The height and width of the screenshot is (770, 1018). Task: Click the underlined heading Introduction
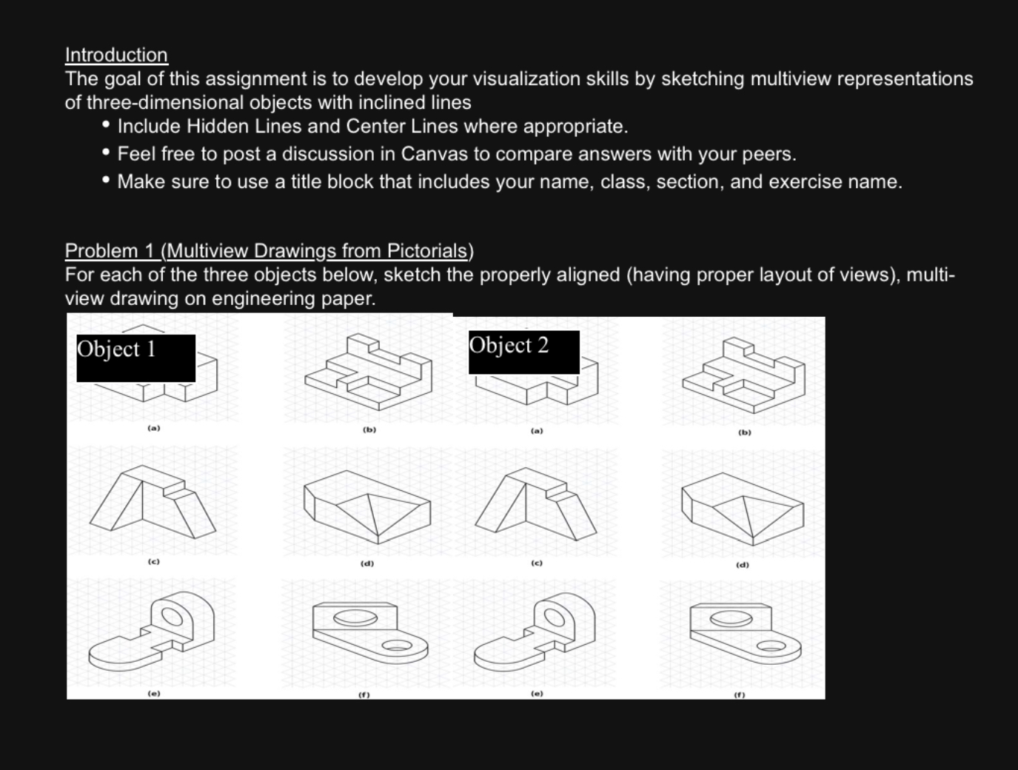[116, 55]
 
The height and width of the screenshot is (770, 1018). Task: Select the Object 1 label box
[135, 358]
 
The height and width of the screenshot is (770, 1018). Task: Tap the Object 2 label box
[523, 352]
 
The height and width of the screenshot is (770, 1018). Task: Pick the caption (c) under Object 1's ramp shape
[153, 562]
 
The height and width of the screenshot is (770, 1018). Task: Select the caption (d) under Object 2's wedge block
[742, 565]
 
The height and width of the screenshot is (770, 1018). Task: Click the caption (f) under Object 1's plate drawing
[364, 694]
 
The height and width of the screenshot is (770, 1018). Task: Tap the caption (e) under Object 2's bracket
[537, 694]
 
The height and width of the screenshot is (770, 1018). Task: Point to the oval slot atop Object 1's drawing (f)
[350, 617]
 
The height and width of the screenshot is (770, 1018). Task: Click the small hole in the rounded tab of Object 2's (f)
[772, 646]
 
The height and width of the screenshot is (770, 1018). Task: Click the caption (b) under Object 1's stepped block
[369, 429]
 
